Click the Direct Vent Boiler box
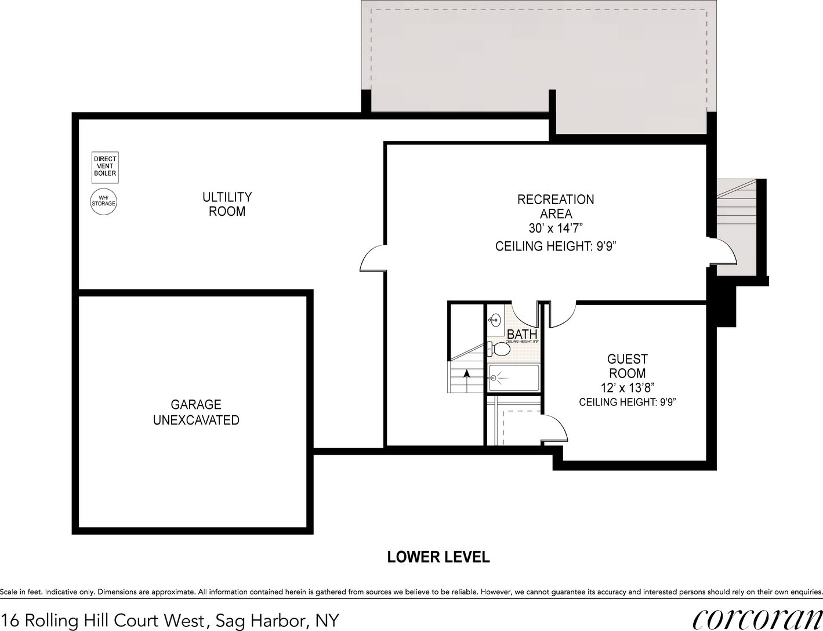(105, 166)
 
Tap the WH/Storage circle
(104, 201)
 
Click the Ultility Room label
(227, 204)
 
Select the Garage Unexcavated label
(196, 412)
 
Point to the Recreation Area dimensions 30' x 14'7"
(555, 228)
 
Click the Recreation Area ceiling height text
(555, 246)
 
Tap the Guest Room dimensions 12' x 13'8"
(627, 387)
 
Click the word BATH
(521, 335)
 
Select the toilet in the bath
(497, 349)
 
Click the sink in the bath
(495, 318)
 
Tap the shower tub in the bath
(514, 377)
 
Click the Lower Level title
(438, 557)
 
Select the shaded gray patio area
(539, 58)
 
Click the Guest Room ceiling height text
(628, 402)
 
